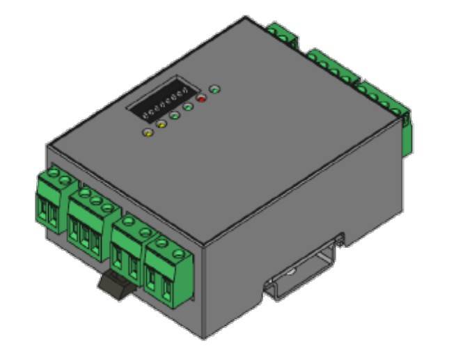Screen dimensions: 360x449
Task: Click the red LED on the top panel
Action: coord(202,98)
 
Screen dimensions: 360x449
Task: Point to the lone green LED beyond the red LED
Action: coord(215,89)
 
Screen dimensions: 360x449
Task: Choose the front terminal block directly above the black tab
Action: coord(129,244)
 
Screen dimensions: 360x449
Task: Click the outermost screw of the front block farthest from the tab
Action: coord(47,180)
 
